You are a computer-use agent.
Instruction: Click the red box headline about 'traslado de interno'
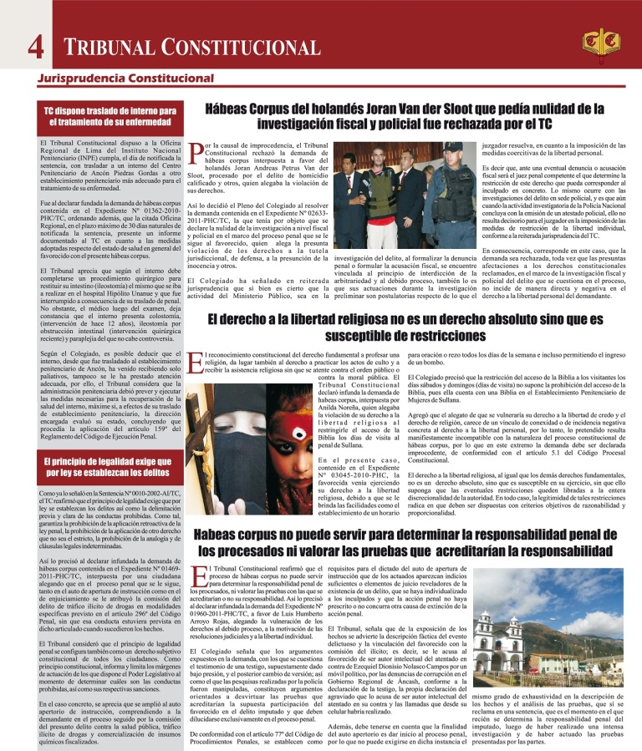click(x=110, y=117)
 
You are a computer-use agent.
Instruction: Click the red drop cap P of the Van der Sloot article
click(x=196, y=155)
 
